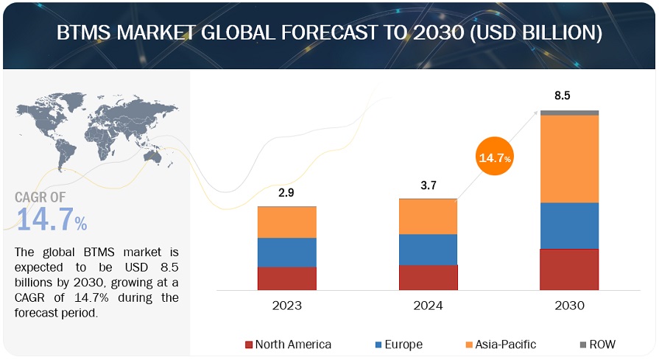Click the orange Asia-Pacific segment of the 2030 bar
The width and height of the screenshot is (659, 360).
click(x=568, y=158)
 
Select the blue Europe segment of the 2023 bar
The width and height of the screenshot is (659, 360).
click(x=286, y=252)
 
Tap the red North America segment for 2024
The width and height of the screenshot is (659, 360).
click(x=428, y=277)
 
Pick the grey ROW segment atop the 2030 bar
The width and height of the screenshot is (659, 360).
click(x=568, y=113)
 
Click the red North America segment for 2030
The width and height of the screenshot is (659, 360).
click(x=568, y=269)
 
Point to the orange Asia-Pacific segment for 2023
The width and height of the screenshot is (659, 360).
click(x=286, y=222)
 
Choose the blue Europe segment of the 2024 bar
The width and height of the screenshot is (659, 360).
click(x=428, y=249)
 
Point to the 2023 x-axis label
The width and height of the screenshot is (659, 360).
click(x=286, y=305)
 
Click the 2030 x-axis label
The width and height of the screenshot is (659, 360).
click(x=568, y=305)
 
